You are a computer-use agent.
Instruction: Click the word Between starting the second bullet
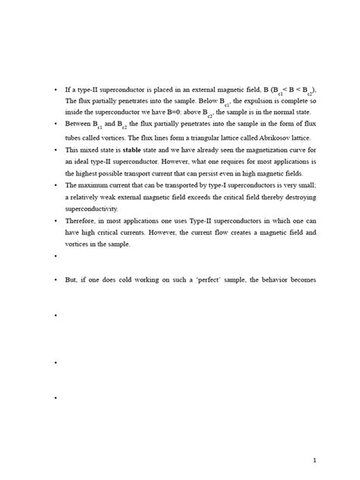78,125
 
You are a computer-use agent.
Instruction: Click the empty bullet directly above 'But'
56,257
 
